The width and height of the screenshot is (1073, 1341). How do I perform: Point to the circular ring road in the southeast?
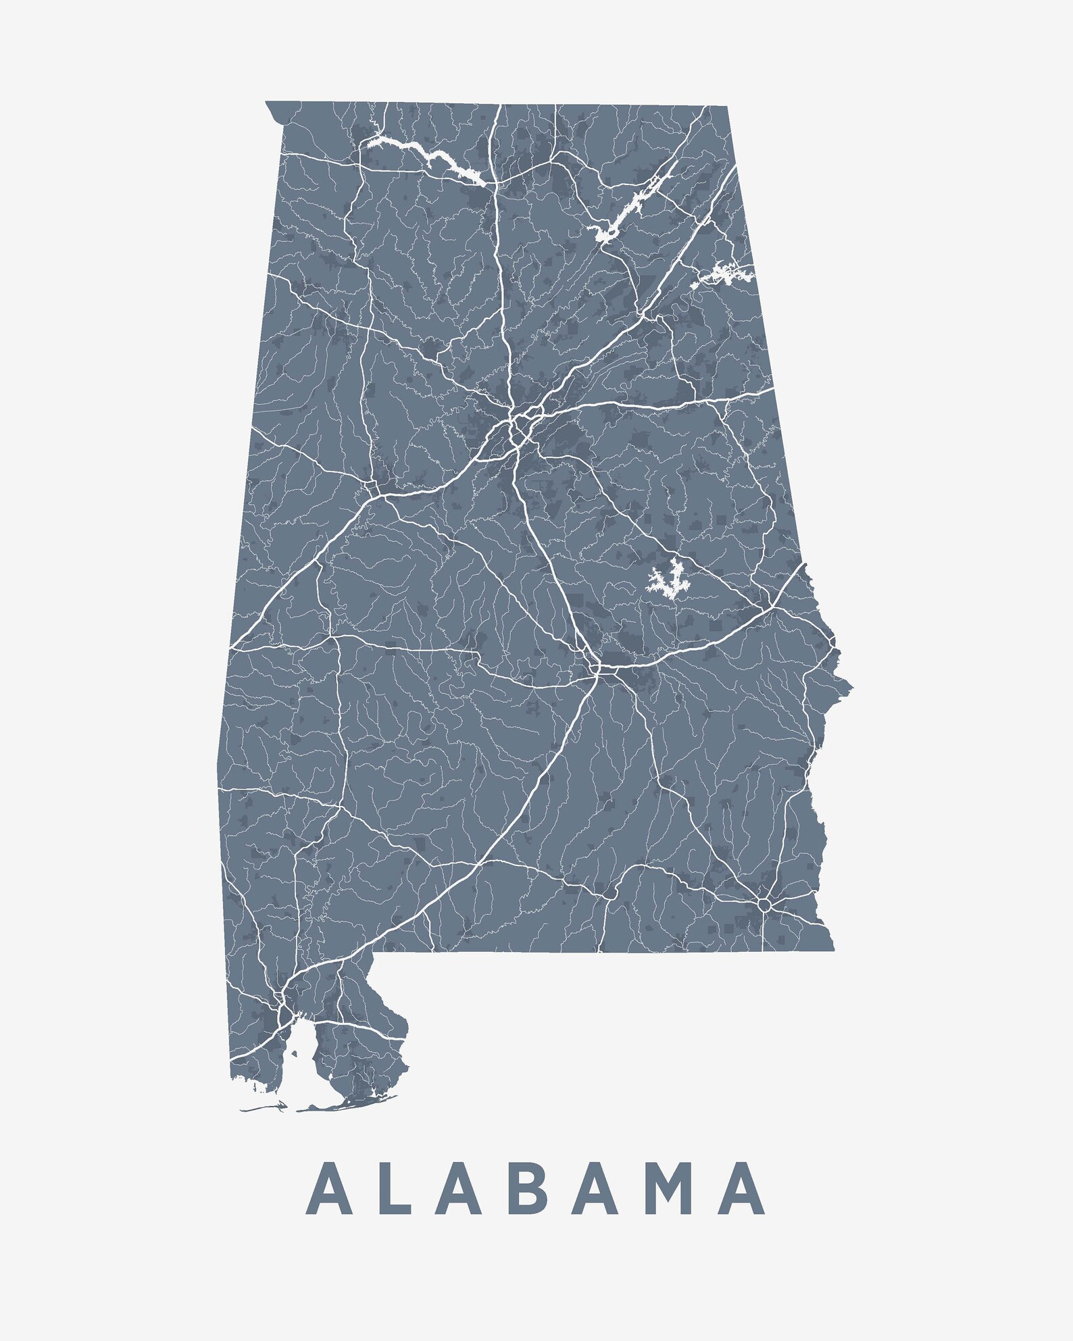point(764,903)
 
